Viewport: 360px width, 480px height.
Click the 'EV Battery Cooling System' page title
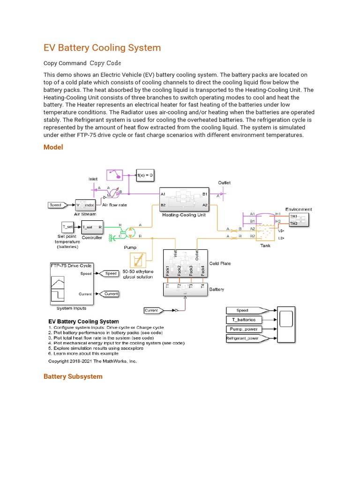(x=102, y=48)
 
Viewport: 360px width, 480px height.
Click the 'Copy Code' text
(x=105, y=63)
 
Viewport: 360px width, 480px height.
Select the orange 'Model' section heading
(x=53, y=147)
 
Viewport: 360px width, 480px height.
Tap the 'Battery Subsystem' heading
(x=73, y=376)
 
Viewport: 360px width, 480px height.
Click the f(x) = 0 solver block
(x=145, y=175)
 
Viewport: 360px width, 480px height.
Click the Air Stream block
(x=85, y=205)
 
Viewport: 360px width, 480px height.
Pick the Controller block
(x=91, y=227)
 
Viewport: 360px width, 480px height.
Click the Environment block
(x=298, y=220)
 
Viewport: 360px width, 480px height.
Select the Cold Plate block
(x=185, y=265)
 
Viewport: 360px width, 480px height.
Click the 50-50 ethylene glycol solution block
(x=137, y=262)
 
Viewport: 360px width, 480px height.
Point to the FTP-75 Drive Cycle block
(x=71, y=284)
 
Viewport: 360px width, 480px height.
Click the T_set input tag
(x=68, y=227)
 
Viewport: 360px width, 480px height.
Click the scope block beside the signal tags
(x=286, y=323)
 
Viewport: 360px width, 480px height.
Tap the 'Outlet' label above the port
(x=224, y=182)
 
